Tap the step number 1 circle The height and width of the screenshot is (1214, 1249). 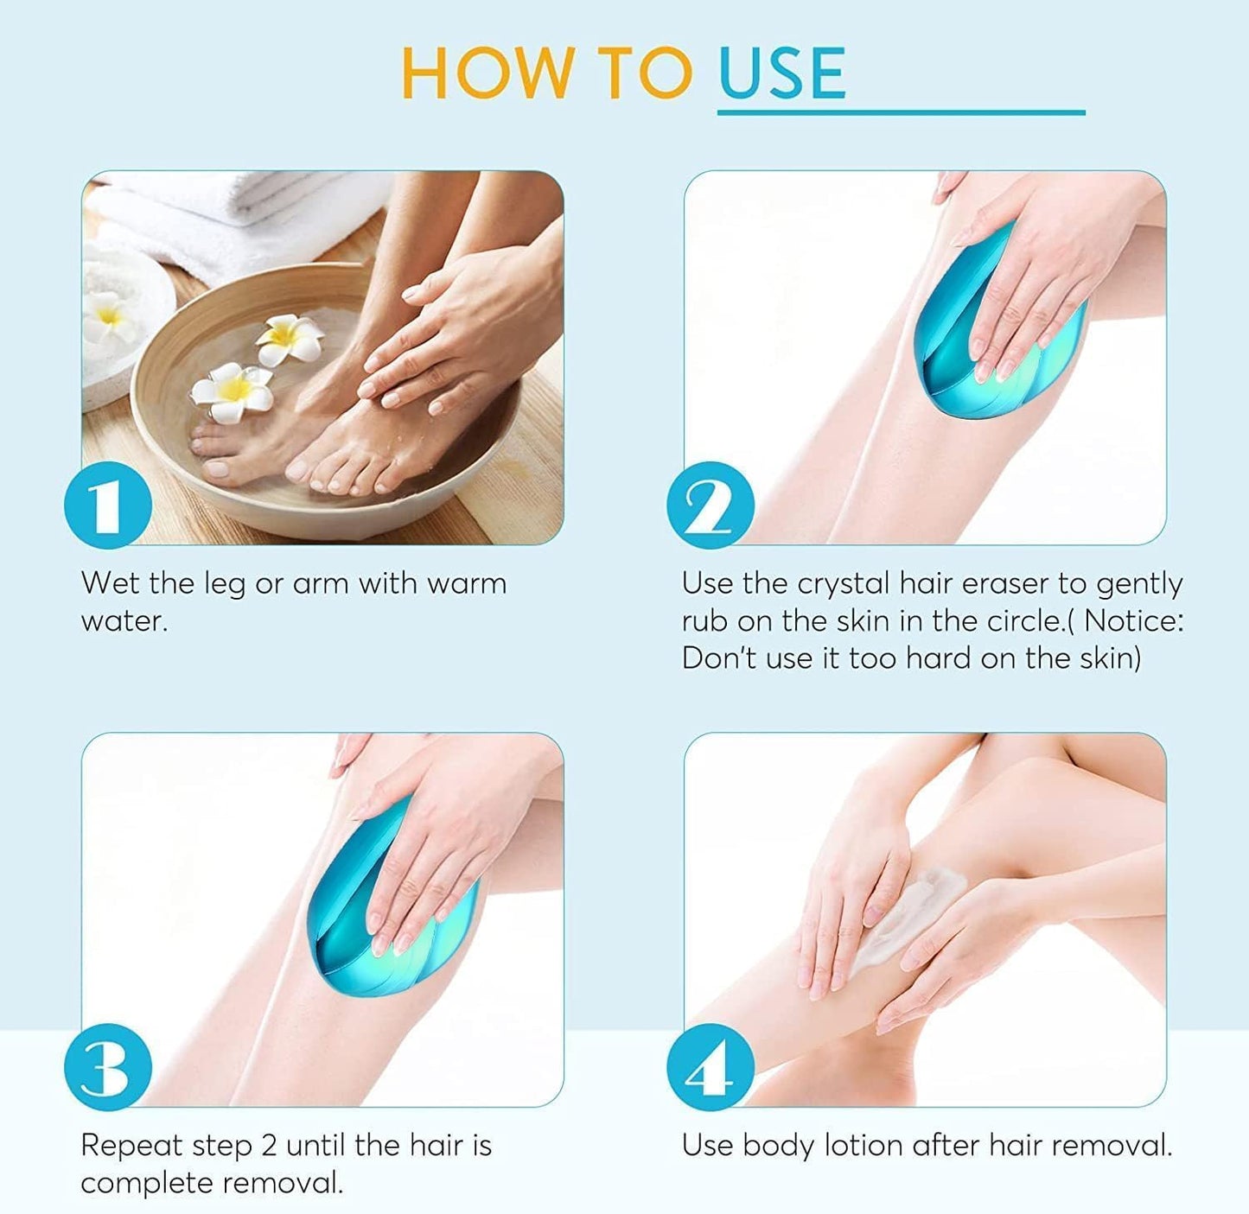(108, 505)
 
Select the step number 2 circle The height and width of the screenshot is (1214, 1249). (711, 505)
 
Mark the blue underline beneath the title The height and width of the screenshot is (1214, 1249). (902, 113)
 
